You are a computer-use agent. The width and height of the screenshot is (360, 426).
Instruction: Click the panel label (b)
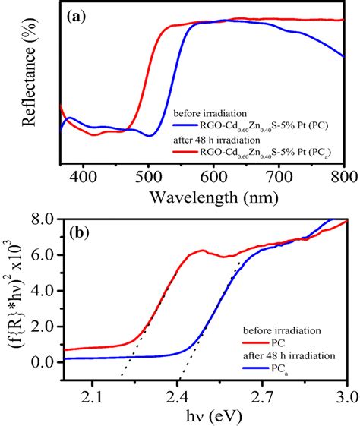78,231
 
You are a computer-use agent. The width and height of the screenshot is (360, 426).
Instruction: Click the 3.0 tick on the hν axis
346,395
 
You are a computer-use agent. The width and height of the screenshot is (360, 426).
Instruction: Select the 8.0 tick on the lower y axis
43,219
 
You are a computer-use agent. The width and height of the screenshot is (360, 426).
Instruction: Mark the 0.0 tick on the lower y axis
43,362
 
